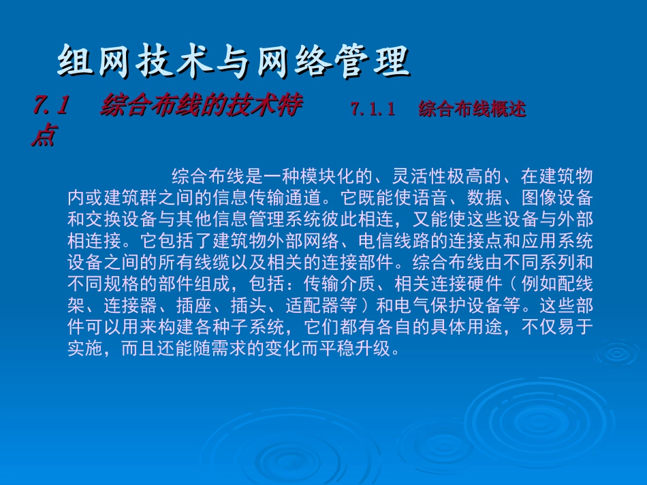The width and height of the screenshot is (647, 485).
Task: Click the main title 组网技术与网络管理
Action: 233,62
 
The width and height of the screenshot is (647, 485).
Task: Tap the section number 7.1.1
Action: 373,110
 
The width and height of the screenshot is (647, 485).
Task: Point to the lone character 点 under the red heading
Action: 43,136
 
